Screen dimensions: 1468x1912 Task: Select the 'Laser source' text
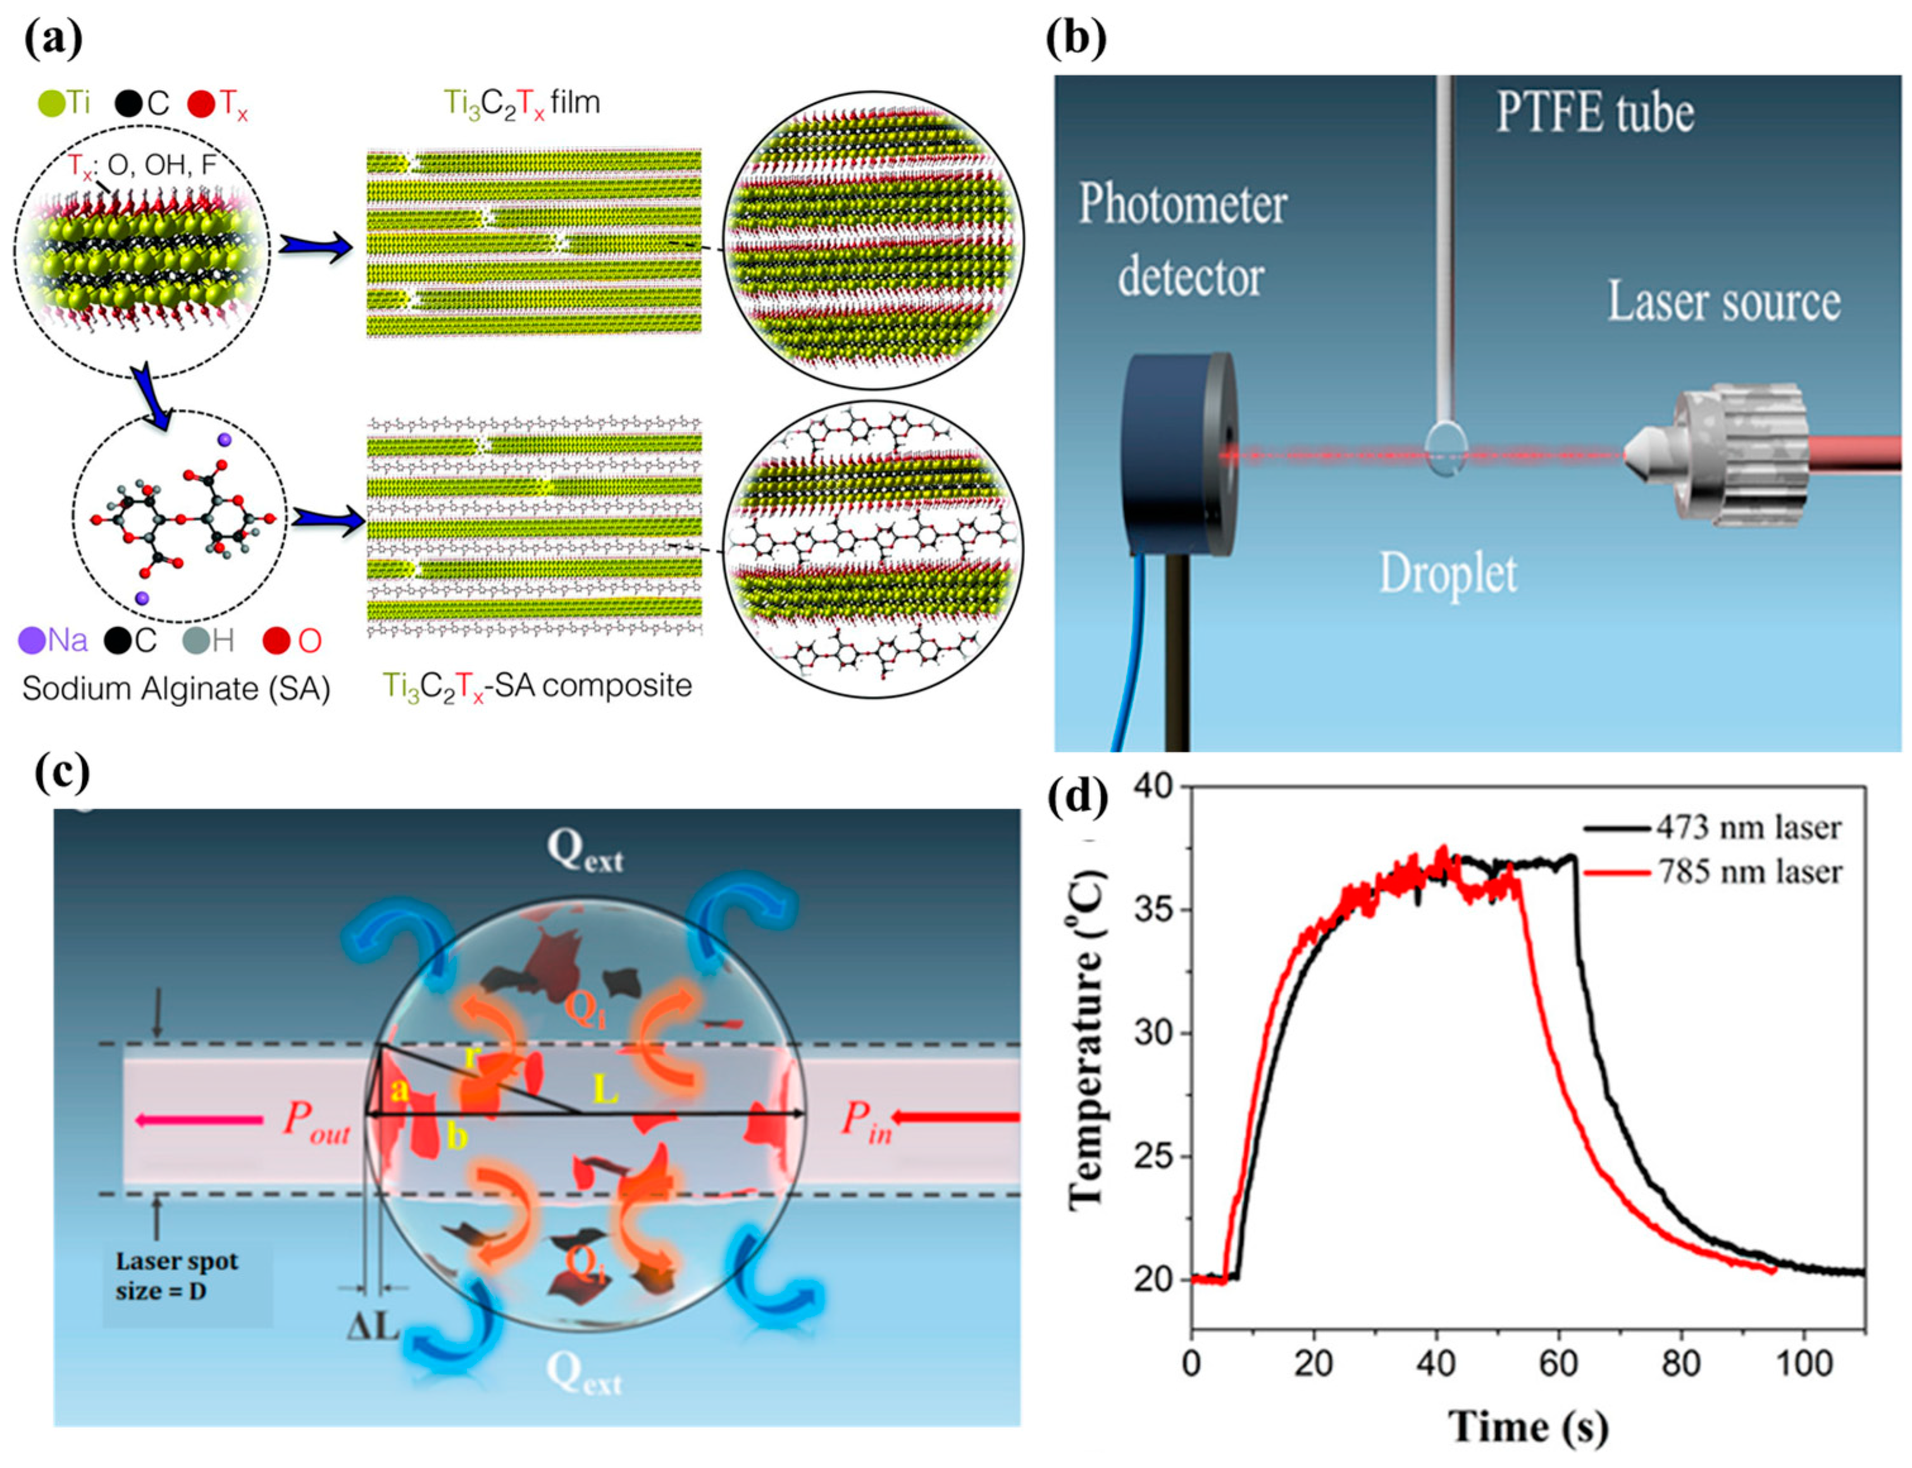point(1723,302)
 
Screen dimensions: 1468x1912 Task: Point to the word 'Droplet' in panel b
point(1447,573)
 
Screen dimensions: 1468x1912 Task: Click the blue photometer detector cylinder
point(1176,455)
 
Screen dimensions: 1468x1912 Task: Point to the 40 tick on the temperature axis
point(1153,787)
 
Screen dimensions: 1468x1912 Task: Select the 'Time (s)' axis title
point(1528,1427)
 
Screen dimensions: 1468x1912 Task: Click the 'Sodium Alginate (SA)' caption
point(176,688)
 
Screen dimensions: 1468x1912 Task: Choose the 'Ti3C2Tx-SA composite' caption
point(537,686)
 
